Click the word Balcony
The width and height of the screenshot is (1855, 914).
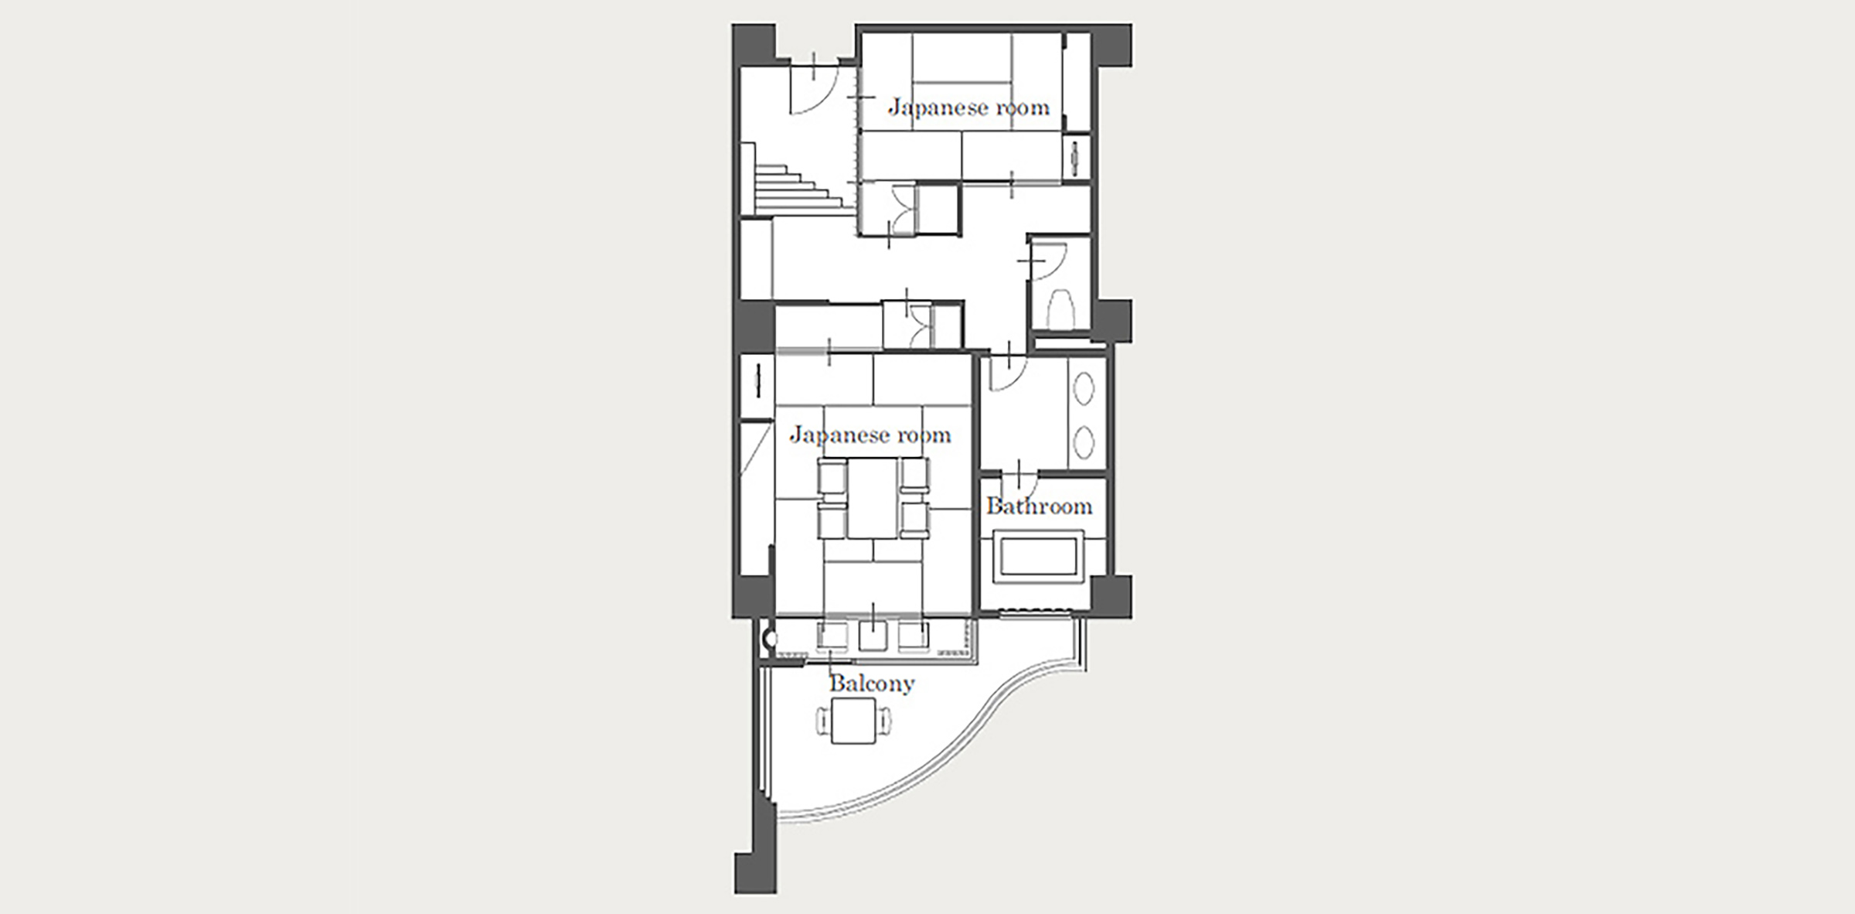point(872,684)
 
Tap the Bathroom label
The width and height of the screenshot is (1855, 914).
point(1040,506)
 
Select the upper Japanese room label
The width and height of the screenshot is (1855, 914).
point(968,107)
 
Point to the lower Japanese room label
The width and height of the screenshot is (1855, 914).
point(870,435)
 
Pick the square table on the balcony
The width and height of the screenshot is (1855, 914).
point(853,721)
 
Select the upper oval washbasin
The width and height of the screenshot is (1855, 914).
point(1084,389)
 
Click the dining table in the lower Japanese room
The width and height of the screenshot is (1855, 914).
point(873,498)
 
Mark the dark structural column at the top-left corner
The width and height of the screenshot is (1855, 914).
point(754,45)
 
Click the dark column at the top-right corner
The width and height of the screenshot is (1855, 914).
point(1111,45)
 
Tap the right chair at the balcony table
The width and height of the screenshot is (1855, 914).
point(883,721)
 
